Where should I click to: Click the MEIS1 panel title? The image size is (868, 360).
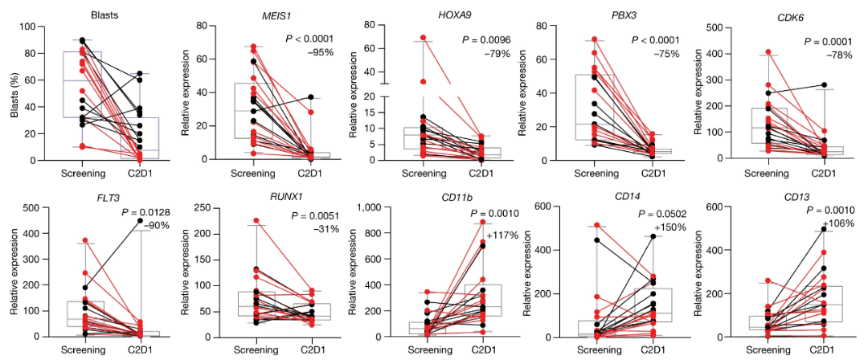253,14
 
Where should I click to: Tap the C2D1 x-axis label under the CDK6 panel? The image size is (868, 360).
821,172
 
